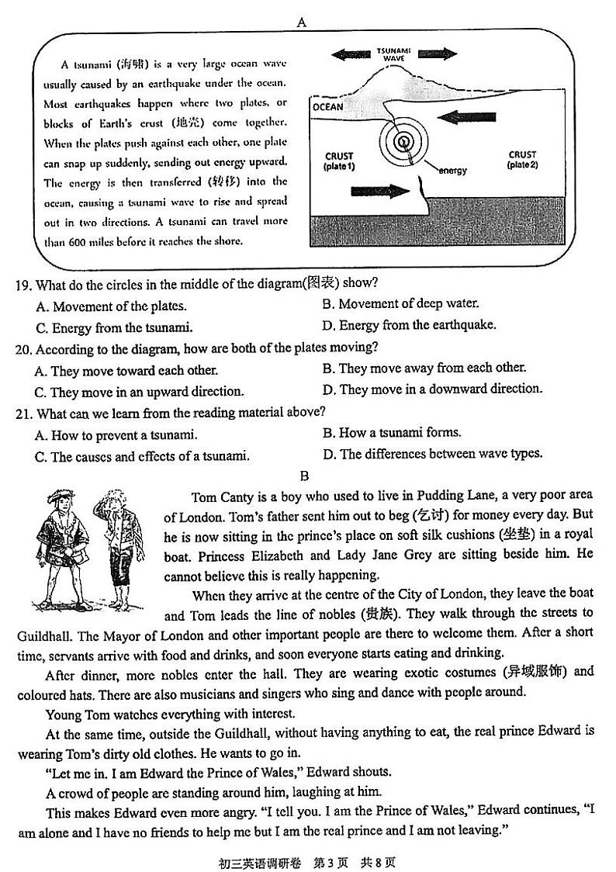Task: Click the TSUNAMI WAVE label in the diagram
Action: [393, 54]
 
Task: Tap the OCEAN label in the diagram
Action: [327, 107]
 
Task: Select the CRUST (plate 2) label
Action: [522, 159]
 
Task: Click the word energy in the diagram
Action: [452, 170]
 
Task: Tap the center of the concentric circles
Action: [403, 142]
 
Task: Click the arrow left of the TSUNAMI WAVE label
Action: [350, 54]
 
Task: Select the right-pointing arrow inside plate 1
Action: [380, 191]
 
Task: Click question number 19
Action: [22, 284]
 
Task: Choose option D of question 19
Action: [409, 325]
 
